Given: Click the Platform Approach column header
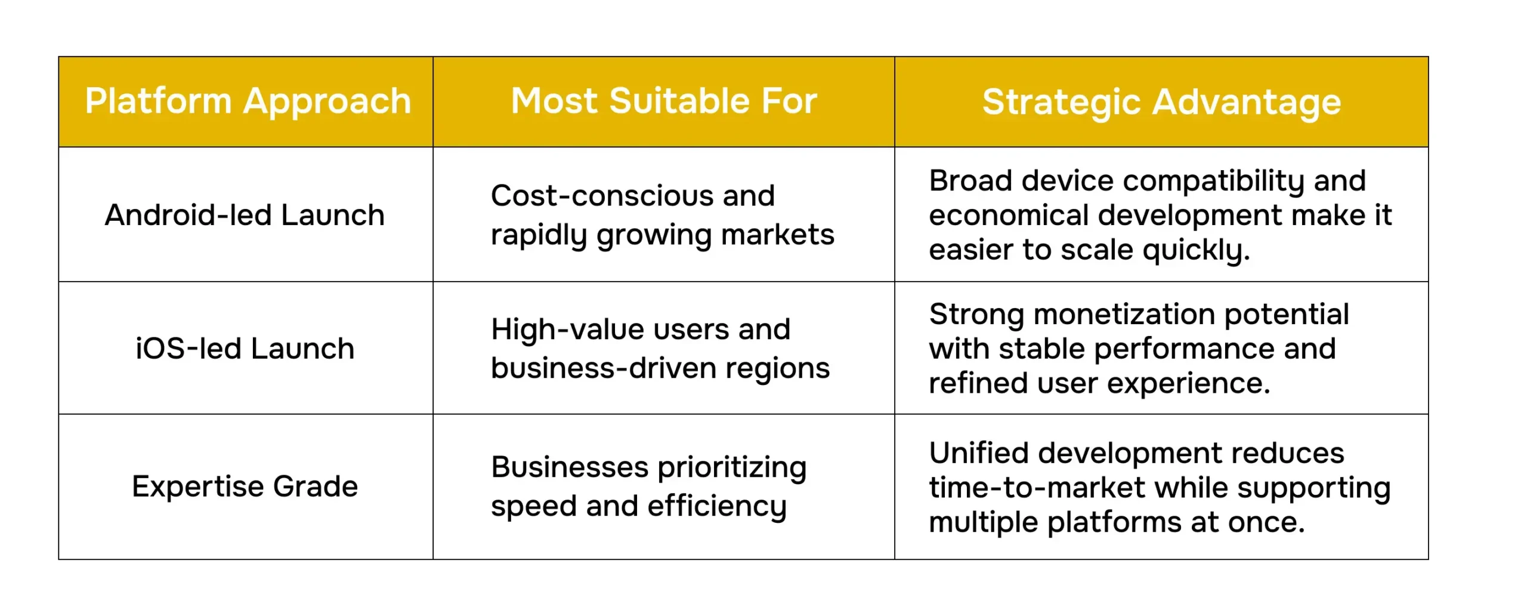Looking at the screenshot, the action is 248,101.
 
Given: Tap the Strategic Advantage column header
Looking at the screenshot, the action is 1161,103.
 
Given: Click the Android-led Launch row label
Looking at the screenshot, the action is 245,215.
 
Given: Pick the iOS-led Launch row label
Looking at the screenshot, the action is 245,349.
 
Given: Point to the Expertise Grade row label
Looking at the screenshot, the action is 245,486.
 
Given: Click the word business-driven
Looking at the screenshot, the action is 604,368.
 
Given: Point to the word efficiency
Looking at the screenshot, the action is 717,507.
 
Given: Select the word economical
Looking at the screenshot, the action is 1009,215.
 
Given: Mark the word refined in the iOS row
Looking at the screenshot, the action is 978,383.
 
